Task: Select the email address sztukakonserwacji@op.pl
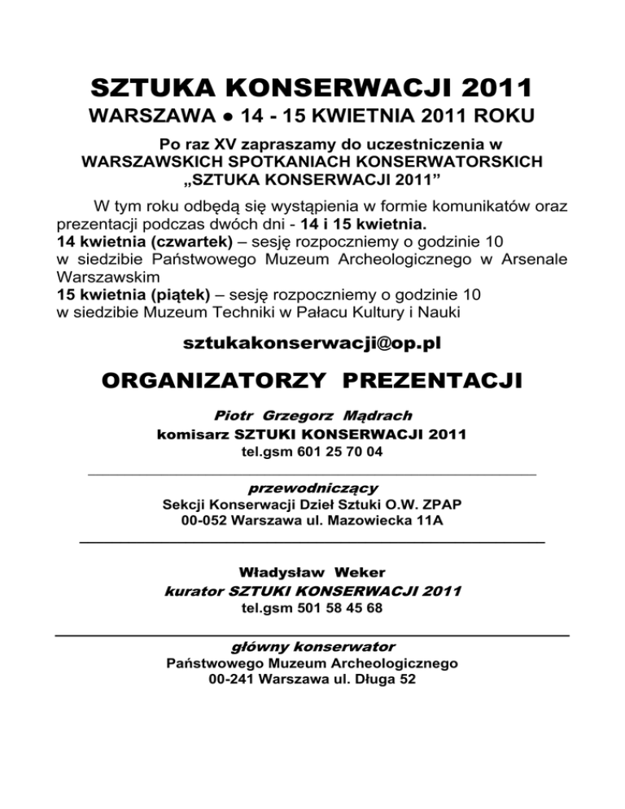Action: click(x=312, y=343)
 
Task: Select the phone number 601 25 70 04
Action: click(x=334, y=452)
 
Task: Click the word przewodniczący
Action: click(x=312, y=488)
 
